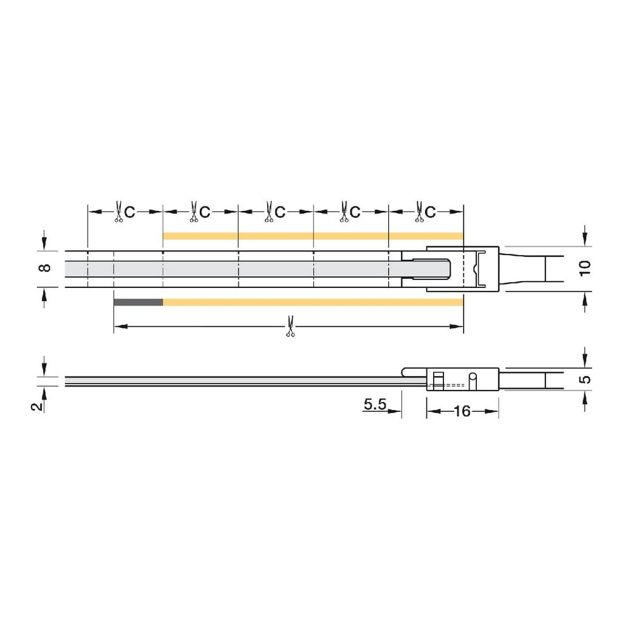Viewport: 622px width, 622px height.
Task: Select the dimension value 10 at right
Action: coord(585,268)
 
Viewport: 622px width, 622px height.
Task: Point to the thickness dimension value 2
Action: coord(38,406)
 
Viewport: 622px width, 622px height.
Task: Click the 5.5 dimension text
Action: coord(375,405)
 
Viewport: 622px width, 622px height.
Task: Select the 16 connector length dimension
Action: coord(462,411)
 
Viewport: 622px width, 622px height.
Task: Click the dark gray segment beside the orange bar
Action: coord(138,302)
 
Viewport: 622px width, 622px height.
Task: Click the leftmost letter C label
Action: coord(129,212)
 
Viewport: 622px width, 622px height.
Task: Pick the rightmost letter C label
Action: coord(430,212)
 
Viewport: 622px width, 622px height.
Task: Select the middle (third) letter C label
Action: coord(280,212)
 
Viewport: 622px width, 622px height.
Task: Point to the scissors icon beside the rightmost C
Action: coord(419,211)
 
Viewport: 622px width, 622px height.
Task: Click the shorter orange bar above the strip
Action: coord(313,236)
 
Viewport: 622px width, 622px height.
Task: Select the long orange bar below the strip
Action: coord(313,302)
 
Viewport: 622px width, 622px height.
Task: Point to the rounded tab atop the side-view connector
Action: coord(413,370)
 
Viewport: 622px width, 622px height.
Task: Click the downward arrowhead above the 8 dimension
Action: coord(43,242)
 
